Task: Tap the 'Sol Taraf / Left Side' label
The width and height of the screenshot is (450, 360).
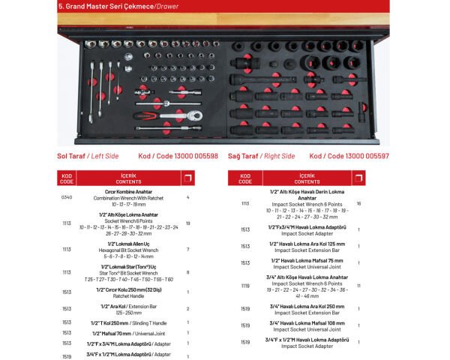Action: (88, 156)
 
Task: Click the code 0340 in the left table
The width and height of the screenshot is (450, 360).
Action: (66, 197)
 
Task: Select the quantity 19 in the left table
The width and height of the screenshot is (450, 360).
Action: (187, 223)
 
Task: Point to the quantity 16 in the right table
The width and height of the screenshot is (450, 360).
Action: (359, 203)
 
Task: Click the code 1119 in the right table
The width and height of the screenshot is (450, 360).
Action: (244, 286)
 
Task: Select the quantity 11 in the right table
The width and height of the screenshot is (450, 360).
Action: (359, 286)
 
